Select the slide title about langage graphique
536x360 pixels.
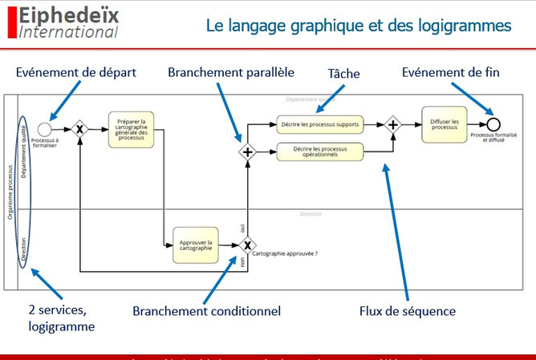(358, 26)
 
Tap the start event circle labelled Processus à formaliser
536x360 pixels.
(45, 127)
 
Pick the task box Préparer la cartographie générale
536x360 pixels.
(131, 128)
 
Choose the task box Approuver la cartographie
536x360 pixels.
(196, 245)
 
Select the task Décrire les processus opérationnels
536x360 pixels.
(320, 151)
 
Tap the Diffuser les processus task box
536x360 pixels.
(444, 124)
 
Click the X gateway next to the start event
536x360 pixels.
(79, 128)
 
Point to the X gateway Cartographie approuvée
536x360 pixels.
(248, 245)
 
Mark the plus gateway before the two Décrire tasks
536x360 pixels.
(248, 151)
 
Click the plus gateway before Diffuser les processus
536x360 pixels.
(393, 124)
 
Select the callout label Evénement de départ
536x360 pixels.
(76, 73)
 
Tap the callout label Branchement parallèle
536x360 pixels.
(231, 73)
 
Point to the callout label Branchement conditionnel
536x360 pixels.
(207, 310)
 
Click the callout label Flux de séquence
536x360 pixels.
(406, 310)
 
